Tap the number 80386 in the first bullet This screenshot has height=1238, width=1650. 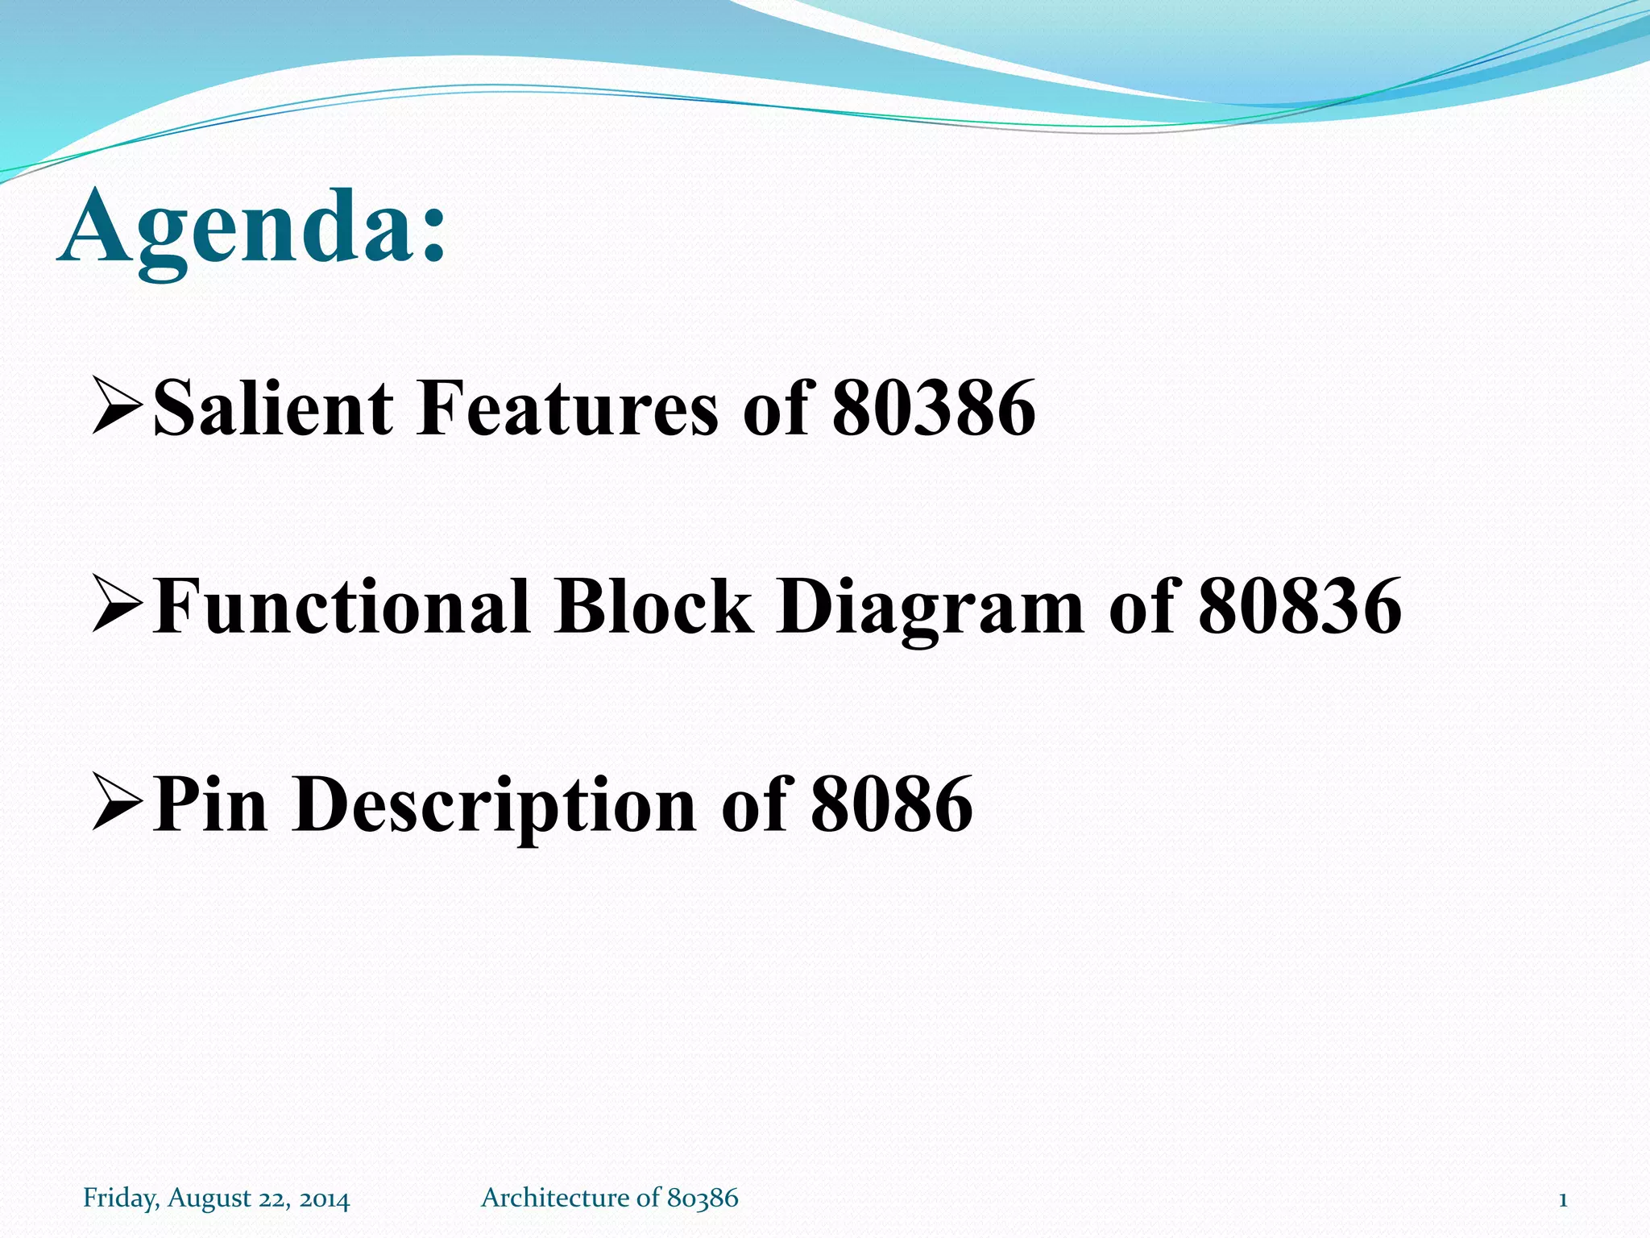point(933,409)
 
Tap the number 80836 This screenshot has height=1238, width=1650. point(1300,607)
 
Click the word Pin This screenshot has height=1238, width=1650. point(209,804)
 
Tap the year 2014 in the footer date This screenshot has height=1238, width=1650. point(325,1199)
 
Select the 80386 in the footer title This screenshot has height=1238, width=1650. point(703,1198)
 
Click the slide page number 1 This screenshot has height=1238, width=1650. point(1563,1199)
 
